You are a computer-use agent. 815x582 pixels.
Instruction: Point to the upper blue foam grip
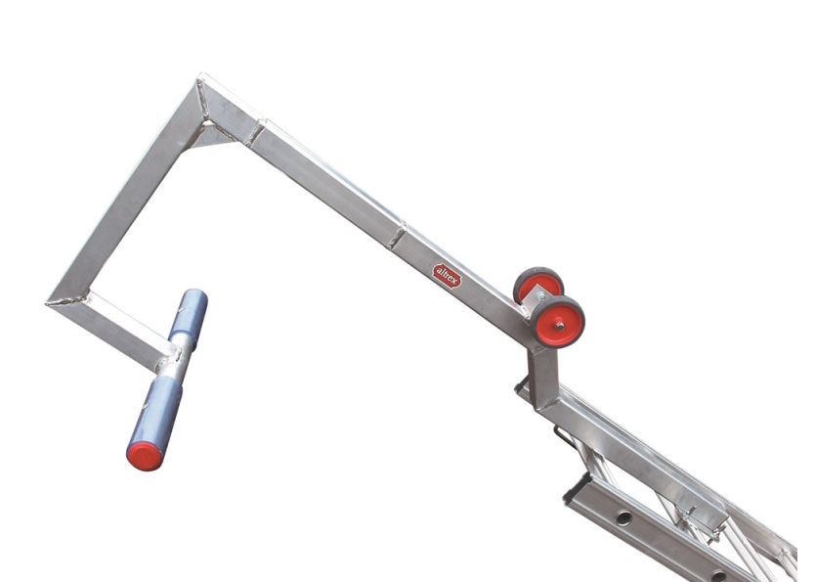click(190, 315)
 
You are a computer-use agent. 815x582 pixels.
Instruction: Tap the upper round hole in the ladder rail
click(624, 517)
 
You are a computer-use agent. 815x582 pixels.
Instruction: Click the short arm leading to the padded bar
click(117, 329)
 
